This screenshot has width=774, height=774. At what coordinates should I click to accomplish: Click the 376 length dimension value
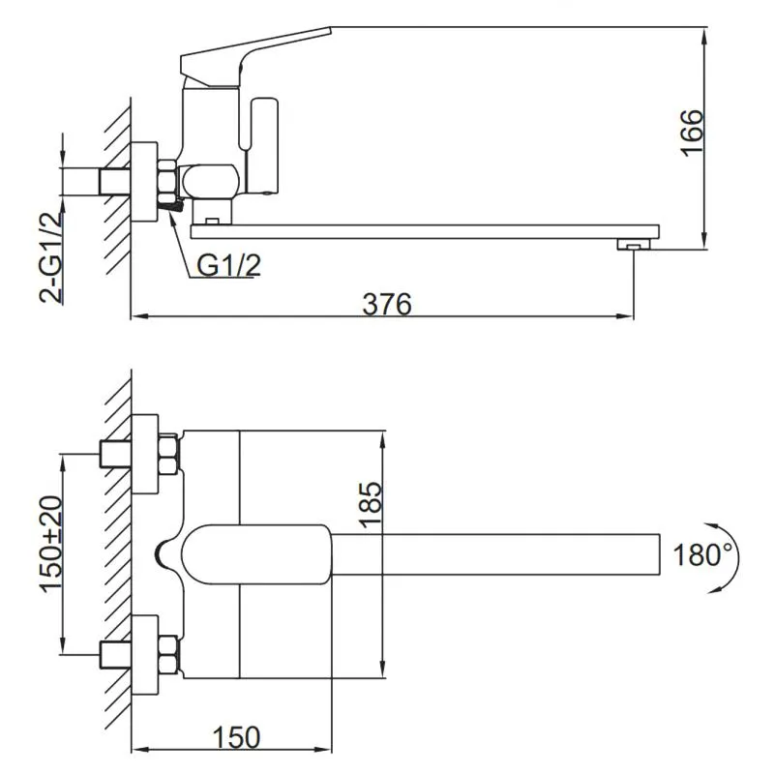pos(387,303)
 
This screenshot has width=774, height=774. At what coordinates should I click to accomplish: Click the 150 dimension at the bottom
pos(236,737)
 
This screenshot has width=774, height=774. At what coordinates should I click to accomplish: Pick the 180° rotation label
pos(701,554)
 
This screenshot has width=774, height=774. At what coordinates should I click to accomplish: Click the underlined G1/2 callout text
pos(229,265)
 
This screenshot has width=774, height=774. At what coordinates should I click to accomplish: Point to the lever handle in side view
pos(256,53)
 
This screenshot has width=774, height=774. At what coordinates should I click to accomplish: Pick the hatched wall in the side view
pos(117,174)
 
